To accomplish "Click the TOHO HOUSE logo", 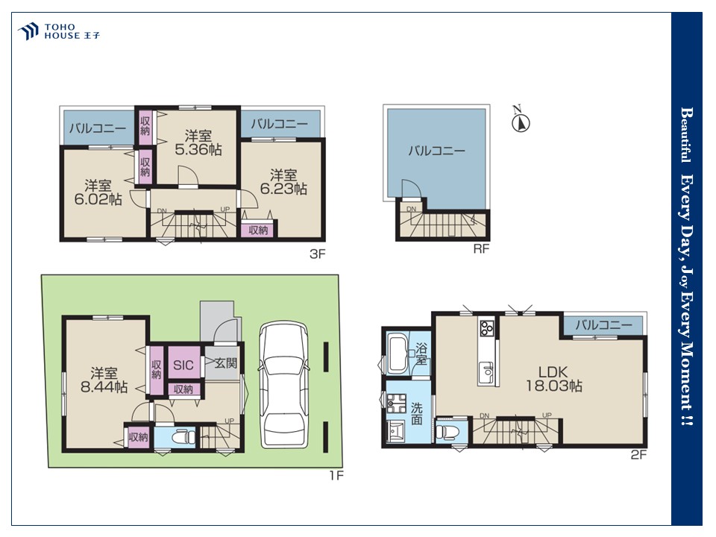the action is point(59,31).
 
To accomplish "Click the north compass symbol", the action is point(520,121).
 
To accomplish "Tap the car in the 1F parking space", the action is point(283,385).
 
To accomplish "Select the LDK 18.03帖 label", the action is point(553,379).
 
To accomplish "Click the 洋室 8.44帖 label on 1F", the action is point(104,380).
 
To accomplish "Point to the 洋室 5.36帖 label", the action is point(198,142).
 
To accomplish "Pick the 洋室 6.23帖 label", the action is point(283,182).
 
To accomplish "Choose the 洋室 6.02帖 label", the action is point(98,192).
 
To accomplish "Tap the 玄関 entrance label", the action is point(226,363).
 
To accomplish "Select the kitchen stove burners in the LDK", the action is point(487,327).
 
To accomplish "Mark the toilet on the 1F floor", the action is point(182,438).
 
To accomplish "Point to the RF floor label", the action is point(481,248).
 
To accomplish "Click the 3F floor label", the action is point(318,254).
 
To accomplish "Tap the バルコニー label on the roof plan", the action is point(436,150).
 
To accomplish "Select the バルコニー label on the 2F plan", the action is point(603,324).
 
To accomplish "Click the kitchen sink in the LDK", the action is point(487,371).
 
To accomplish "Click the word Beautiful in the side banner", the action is point(685,135).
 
